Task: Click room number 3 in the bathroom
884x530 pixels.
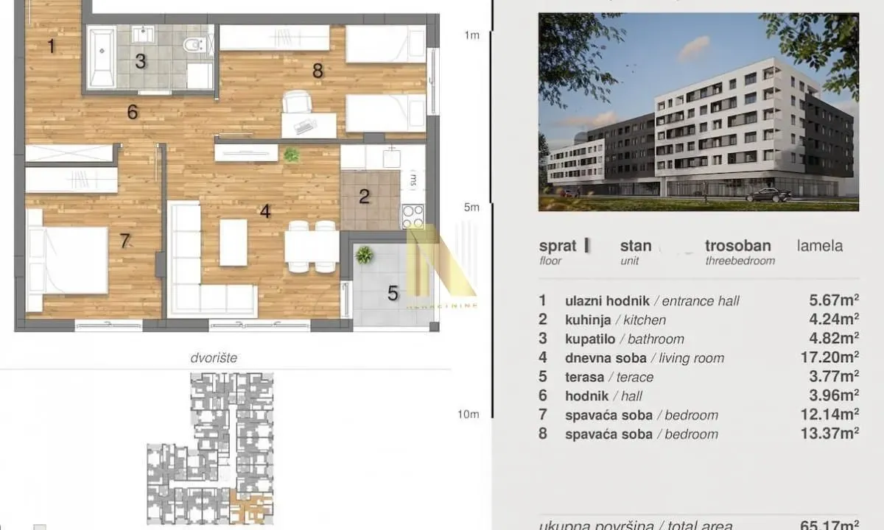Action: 140,62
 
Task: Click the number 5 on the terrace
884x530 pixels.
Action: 393,294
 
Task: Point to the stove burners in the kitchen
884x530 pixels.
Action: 413,215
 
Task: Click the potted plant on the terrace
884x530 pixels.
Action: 363,255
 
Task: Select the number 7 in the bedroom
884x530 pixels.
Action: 124,241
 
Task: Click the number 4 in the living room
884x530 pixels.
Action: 265,211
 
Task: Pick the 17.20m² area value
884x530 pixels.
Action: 829,358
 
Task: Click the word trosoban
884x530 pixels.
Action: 737,246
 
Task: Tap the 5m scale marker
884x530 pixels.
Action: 471,208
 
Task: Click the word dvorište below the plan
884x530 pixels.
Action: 214,358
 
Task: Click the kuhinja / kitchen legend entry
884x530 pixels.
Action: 615,319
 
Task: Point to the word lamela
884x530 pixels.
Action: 819,246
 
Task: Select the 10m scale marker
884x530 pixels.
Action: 468,414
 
